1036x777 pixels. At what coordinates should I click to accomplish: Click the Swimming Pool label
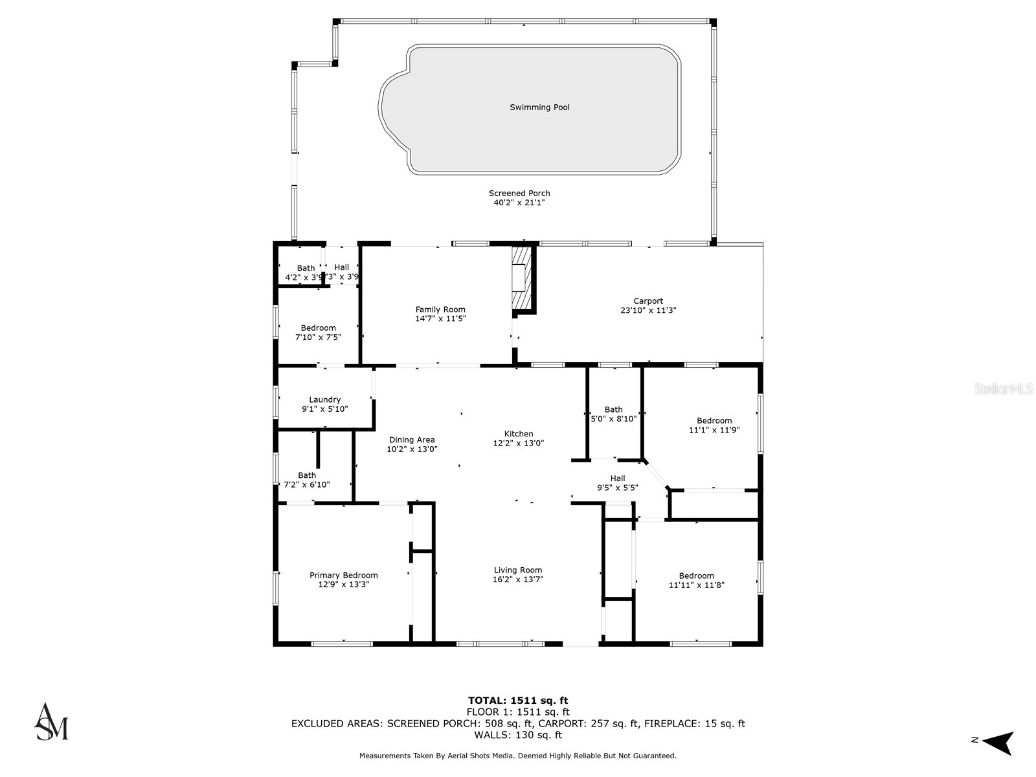point(539,107)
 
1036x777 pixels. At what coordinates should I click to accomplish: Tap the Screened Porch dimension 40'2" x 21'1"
point(519,203)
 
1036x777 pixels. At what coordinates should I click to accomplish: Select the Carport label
point(648,301)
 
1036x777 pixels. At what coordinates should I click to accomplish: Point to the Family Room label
point(440,310)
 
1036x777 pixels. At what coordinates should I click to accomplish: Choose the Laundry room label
point(324,400)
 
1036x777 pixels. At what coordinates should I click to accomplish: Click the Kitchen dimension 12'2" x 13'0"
point(519,444)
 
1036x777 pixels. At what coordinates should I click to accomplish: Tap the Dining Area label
point(412,440)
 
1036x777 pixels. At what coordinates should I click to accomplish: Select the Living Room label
point(518,570)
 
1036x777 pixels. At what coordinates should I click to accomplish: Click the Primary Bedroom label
point(343,575)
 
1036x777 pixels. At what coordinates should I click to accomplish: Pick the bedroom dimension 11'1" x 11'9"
point(714,430)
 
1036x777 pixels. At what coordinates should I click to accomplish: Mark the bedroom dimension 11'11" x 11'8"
point(696,585)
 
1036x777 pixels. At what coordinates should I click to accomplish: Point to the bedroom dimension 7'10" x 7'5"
point(318,337)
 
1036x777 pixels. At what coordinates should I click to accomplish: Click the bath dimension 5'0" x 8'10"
point(613,419)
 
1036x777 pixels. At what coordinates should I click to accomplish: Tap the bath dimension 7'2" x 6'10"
point(307,484)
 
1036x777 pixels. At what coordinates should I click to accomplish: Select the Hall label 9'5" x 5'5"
point(617,479)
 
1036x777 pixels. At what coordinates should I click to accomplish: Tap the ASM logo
point(51,722)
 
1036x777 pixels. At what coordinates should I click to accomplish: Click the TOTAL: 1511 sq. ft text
point(518,700)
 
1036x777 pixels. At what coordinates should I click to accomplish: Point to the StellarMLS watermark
point(1004,389)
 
